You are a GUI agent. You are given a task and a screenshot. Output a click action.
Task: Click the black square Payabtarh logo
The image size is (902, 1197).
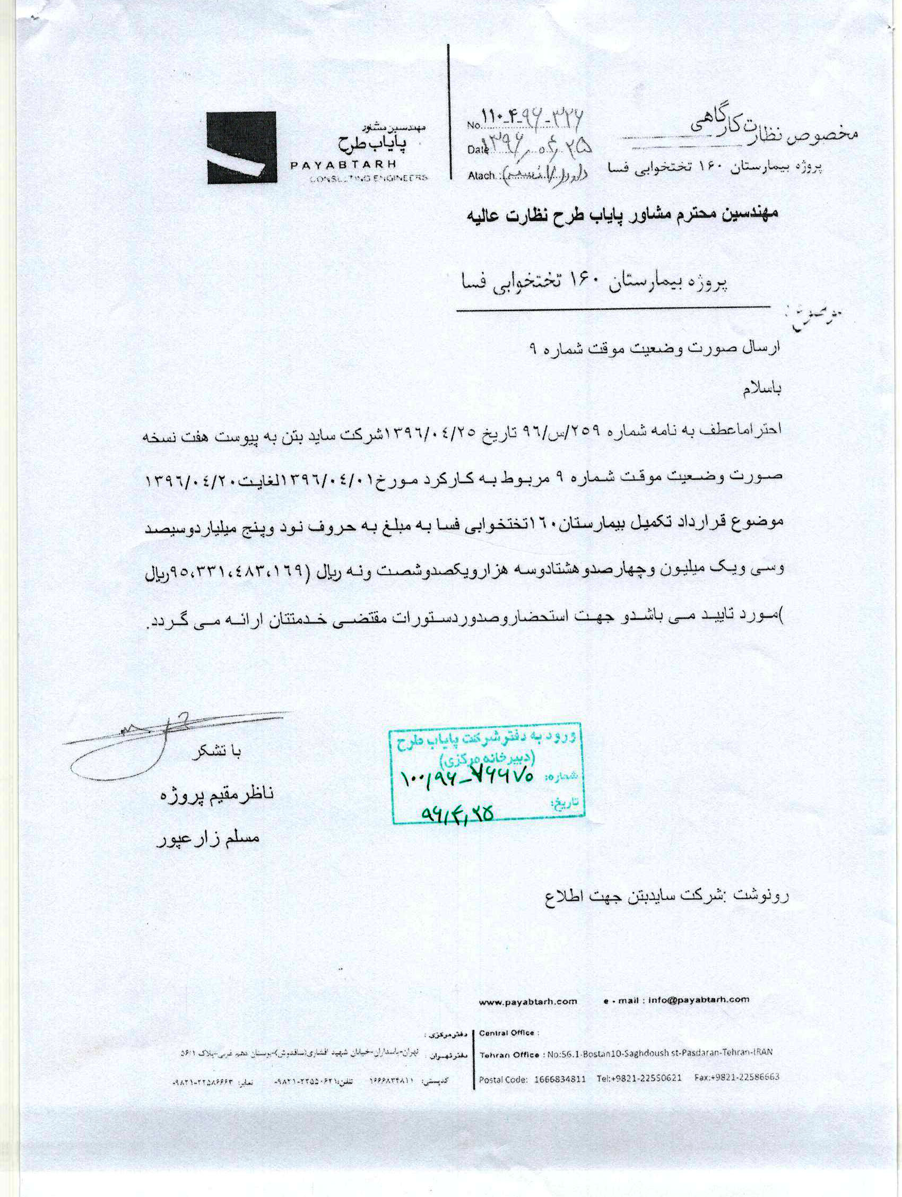[241, 148]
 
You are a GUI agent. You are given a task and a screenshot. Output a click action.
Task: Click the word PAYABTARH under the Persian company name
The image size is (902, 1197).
[343, 164]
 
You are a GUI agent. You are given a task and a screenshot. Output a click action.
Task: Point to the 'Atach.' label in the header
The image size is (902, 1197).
[481, 175]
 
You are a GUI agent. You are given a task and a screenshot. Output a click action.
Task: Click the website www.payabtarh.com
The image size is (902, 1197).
[527, 1002]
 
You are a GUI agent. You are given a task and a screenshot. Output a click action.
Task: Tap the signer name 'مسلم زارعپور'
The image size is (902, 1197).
[209, 838]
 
